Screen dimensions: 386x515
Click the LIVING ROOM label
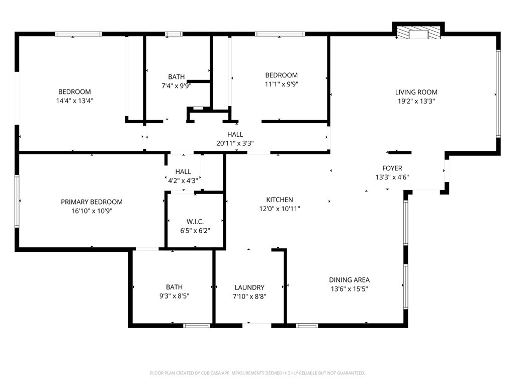pyautogui.click(x=416, y=92)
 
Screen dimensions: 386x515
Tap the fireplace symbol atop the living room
pyautogui.click(x=418, y=34)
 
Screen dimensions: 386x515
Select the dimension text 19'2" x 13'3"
pyautogui.click(x=416, y=101)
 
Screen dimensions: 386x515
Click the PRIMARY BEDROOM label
pyautogui.click(x=92, y=202)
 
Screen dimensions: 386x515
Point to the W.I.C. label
pyautogui.click(x=195, y=222)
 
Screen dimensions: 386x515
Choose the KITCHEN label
pyautogui.click(x=280, y=200)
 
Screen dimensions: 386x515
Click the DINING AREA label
pyautogui.click(x=350, y=280)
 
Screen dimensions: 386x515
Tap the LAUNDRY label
pyautogui.click(x=249, y=287)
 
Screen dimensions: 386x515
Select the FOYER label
pyautogui.click(x=392, y=168)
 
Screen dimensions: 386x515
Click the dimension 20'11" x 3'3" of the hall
pyautogui.click(x=235, y=143)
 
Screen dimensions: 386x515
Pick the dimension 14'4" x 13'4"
pyautogui.click(x=74, y=100)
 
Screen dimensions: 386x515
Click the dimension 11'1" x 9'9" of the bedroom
pyautogui.click(x=281, y=84)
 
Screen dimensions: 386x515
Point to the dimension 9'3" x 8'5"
pyautogui.click(x=174, y=296)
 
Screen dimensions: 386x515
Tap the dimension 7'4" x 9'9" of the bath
pyautogui.click(x=176, y=85)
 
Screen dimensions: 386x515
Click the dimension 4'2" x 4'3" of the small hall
pyautogui.click(x=183, y=180)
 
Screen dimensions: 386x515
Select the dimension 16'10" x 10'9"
pyautogui.click(x=92, y=211)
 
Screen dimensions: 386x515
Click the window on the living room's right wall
pyautogui.click(x=498, y=93)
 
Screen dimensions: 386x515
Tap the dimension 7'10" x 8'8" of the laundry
pyautogui.click(x=249, y=296)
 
